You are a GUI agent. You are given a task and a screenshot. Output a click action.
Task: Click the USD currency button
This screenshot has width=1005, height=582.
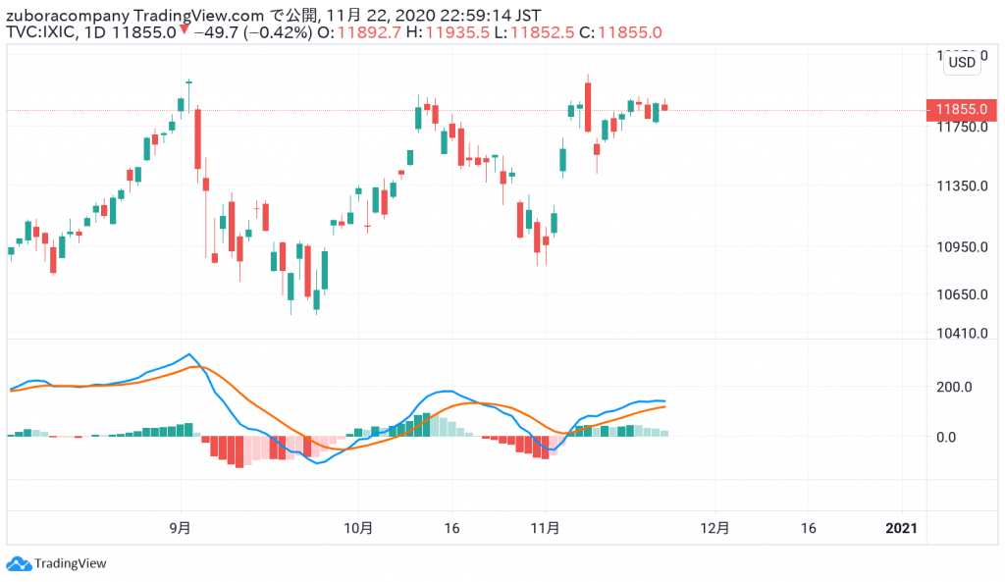pyautogui.click(x=963, y=62)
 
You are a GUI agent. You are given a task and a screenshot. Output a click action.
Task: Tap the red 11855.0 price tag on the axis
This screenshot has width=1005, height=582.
pyautogui.click(x=961, y=110)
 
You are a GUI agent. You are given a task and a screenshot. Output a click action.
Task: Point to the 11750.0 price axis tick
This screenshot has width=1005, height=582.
pyautogui.click(x=961, y=127)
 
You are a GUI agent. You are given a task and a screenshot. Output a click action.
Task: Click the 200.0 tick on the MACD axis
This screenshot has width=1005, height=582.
pyautogui.click(x=951, y=387)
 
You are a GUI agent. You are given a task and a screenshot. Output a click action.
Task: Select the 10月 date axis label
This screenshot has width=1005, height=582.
pyautogui.click(x=359, y=528)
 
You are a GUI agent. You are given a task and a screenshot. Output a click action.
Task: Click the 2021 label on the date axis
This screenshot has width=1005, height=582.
pyautogui.click(x=901, y=528)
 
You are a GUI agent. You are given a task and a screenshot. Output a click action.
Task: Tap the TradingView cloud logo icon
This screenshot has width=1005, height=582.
pyautogui.click(x=19, y=563)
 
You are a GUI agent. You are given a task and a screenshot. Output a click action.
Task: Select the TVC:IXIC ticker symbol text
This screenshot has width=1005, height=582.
pyautogui.click(x=38, y=32)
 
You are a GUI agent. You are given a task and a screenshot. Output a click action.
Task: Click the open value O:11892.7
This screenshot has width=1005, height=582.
pyautogui.click(x=351, y=32)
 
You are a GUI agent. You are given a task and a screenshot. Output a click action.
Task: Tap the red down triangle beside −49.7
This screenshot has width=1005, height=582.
pyautogui.click(x=184, y=31)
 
